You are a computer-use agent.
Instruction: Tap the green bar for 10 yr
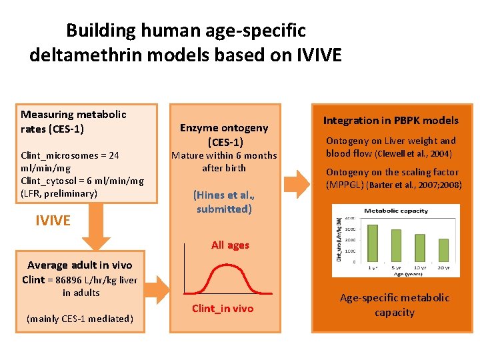click(x=419, y=248)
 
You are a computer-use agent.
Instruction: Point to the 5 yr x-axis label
click(x=397, y=267)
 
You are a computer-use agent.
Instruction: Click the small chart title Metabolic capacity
click(x=396, y=211)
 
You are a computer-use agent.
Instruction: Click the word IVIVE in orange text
click(x=53, y=220)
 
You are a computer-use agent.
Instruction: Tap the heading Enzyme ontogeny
click(x=224, y=127)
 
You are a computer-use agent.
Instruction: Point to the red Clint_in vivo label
click(x=223, y=308)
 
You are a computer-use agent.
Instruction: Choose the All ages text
click(x=230, y=245)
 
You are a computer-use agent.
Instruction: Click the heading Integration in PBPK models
click(x=391, y=121)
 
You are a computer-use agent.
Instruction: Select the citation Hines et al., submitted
click(x=224, y=202)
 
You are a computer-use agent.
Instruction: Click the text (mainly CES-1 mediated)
click(x=80, y=319)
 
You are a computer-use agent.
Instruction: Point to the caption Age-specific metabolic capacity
click(x=395, y=305)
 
